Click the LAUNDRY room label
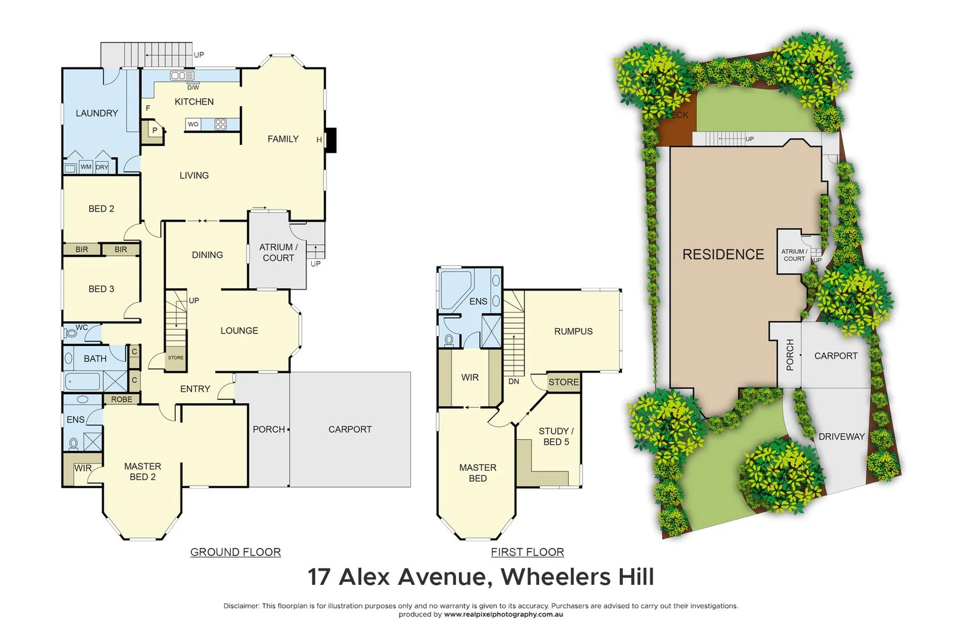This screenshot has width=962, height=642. coord(97,113)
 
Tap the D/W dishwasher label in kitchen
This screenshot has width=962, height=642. coord(193,87)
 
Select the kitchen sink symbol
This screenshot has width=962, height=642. coord(182,75)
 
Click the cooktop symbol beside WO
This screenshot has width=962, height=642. coord(220,124)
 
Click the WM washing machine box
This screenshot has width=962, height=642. coord(86,167)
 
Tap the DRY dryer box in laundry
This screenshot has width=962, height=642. coord(102,167)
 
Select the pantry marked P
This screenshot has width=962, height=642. coord(154,130)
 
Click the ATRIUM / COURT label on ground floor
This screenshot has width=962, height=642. coord(278,252)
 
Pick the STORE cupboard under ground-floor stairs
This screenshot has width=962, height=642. coord(176,358)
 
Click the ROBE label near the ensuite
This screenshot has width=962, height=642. coord(122,399)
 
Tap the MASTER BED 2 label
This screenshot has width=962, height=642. coord(143,471)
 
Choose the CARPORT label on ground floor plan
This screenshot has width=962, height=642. coord(350,429)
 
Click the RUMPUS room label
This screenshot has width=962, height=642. coord(573,331)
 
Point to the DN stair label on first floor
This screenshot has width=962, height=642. coord(514,382)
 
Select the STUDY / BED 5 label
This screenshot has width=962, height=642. coord(556,436)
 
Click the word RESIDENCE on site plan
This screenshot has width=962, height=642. coord(723,254)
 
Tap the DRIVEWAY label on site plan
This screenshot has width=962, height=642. coord(841,436)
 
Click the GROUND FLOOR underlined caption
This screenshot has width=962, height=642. coord(235,552)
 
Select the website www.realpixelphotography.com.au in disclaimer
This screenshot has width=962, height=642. coord(503,615)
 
